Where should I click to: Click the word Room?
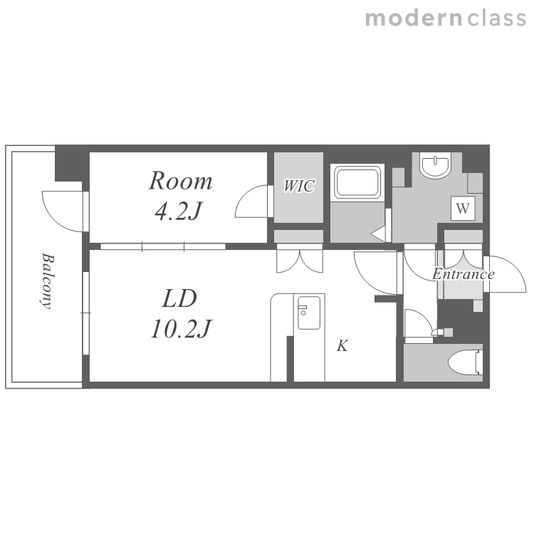(181, 181)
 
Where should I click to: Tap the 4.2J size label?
(179, 211)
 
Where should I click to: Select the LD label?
(179, 298)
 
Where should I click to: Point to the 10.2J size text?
(181, 329)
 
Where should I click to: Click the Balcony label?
(47, 281)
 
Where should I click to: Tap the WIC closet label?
(299, 186)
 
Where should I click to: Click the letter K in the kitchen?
(342, 345)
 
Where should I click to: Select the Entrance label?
(464, 274)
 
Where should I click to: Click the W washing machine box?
(463, 208)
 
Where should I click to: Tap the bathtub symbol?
(357, 182)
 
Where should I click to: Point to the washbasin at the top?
(436, 165)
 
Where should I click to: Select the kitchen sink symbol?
(309, 313)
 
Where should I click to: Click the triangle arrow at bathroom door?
(378, 234)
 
